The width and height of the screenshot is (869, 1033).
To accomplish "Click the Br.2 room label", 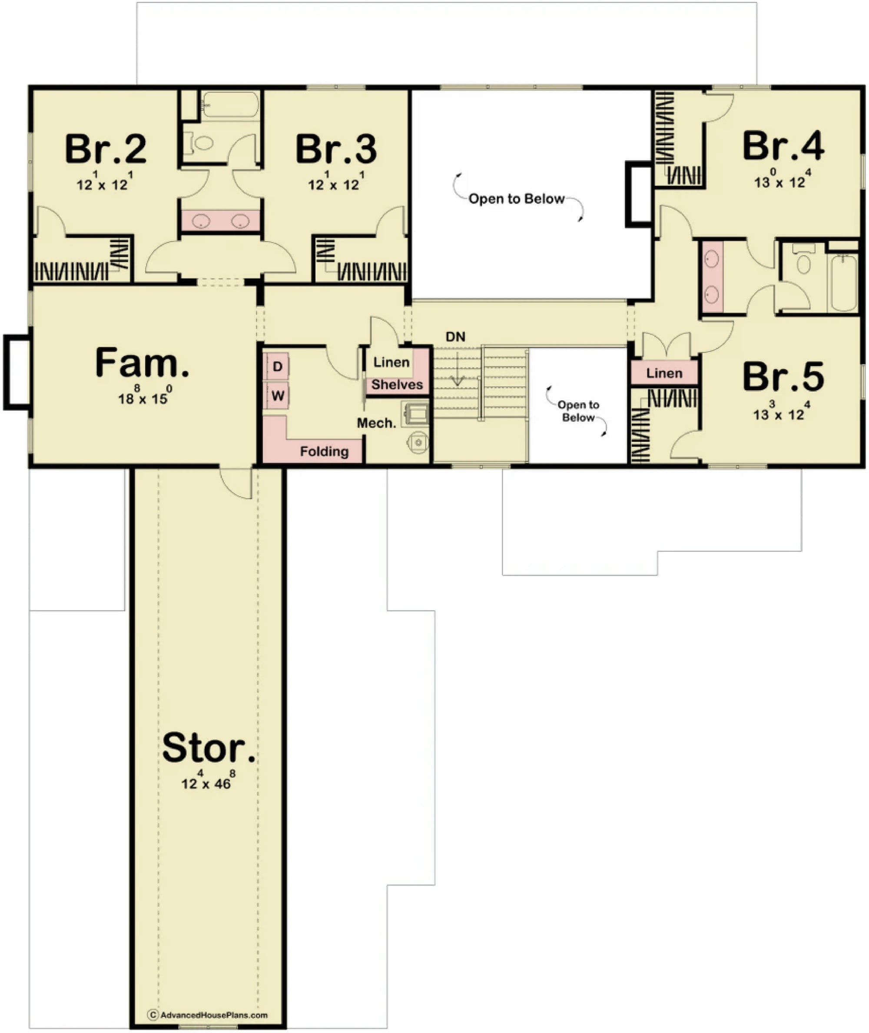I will (x=106, y=149).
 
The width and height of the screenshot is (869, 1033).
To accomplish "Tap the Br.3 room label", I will (x=336, y=149).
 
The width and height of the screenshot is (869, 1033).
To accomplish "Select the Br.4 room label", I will (x=783, y=147).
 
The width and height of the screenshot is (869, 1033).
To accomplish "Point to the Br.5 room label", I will (x=783, y=377).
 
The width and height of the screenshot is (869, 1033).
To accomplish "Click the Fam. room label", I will (x=142, y=363).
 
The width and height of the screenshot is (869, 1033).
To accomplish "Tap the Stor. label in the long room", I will (x=209, y=748).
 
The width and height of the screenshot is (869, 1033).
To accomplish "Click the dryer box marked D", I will (x=277, y=366).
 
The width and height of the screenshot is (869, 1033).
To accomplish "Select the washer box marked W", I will (x=277, y=395).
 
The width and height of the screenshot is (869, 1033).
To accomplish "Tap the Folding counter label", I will (x=324, y=451).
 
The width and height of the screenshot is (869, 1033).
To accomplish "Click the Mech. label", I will (x=376, y=423).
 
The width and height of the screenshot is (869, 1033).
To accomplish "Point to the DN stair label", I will (x=455, y=337).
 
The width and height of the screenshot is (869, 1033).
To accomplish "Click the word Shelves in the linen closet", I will (x=397, y=384).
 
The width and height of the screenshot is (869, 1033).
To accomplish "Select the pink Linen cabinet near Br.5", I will (x=664, y=373).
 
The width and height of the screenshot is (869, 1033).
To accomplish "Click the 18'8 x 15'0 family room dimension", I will (x=143, y=398).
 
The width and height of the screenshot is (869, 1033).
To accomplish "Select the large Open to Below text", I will (x=516, y=199).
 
